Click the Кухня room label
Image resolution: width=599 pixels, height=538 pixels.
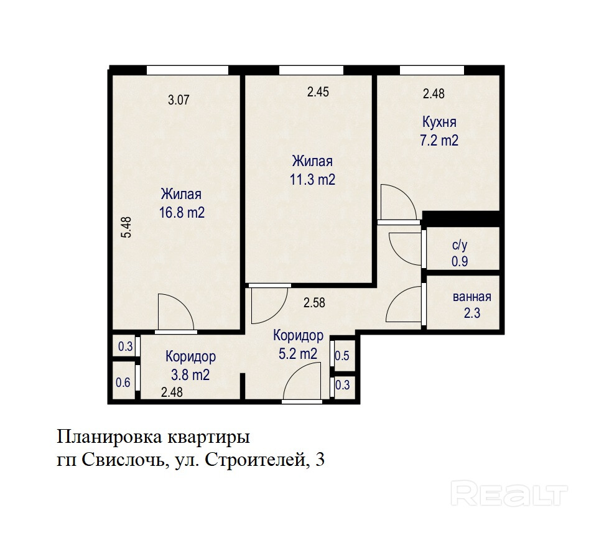pos(439,123)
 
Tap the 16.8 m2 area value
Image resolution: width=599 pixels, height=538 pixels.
pos(182,213)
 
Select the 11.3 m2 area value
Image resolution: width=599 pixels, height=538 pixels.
pos(312,179)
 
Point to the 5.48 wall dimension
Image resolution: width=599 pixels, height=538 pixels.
pos(126,228)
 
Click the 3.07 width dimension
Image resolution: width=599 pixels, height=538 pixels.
pos(179,100)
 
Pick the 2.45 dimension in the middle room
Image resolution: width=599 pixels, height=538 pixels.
pos(318,92)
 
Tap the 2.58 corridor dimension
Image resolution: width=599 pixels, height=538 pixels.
pos(314,303)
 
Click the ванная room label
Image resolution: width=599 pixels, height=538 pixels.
pos(471,297)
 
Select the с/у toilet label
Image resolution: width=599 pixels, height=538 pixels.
pos(460,245)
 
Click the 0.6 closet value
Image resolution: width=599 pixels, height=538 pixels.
pos(123,382)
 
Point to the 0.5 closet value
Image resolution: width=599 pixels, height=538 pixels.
pos(342,356)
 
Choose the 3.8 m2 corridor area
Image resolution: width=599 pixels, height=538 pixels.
pos(190,375)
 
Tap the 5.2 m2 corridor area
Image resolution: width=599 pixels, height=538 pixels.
pos(298,353)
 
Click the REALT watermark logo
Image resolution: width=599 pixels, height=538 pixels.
pos(509,493)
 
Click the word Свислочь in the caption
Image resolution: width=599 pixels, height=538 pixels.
pos(123,460)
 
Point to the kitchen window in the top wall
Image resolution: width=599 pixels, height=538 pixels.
pos(432,70)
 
